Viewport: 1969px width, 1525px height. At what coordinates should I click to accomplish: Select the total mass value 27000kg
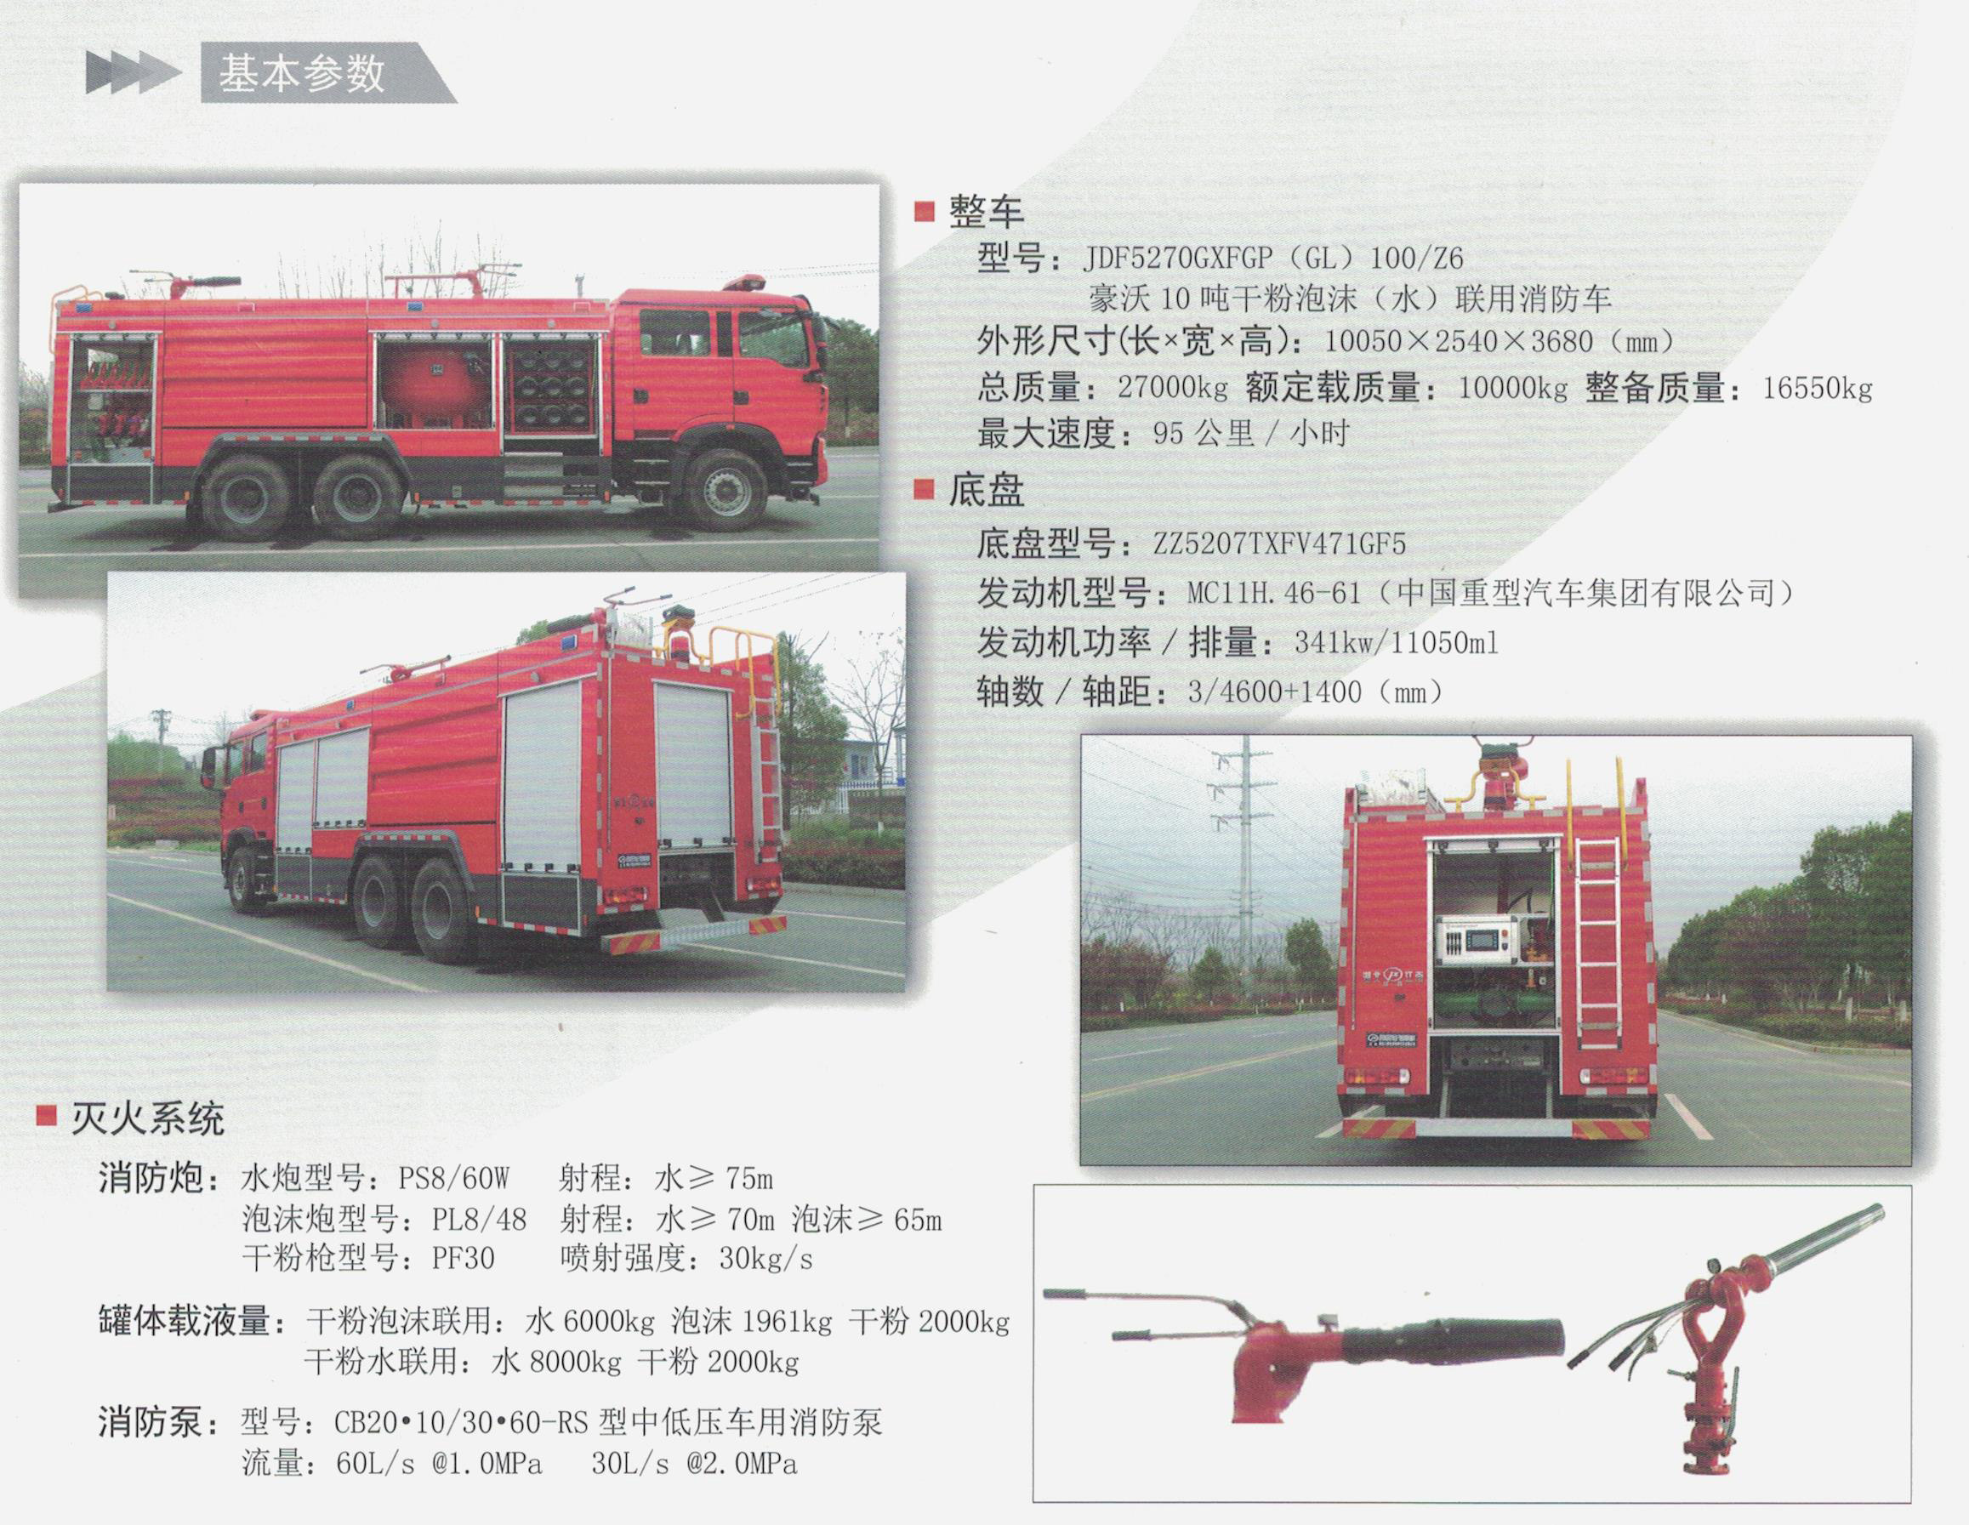[1172, 389]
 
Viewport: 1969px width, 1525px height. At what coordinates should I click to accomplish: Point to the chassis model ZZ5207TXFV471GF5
[1279, 545]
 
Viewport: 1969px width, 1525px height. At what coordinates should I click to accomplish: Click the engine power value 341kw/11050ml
[1397, 644]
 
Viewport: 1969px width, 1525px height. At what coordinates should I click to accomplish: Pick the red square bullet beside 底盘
[923, 489]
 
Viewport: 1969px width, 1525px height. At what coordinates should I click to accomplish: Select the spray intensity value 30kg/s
[766, 1259]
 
